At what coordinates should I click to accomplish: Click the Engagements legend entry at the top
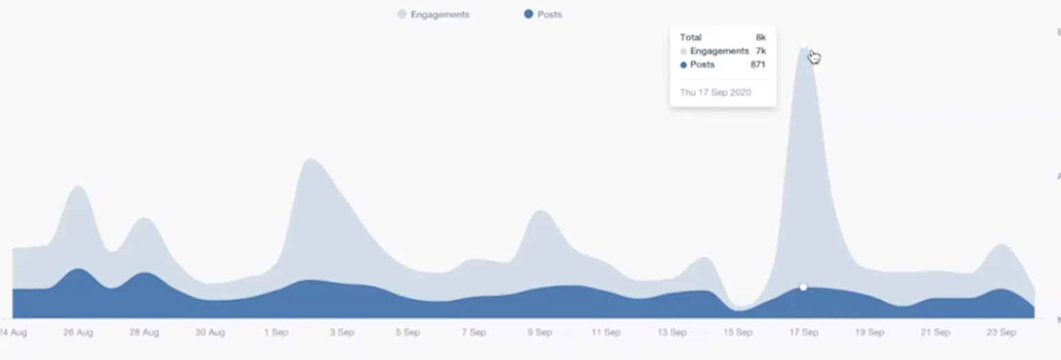(434, 15)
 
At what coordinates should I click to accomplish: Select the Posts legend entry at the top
(543, 15)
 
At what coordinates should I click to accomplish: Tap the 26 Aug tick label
(78, 332)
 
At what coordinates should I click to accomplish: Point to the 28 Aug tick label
(144, 332)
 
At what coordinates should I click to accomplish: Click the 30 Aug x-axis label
(210, 332)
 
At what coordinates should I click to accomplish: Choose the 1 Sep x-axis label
(276, 332)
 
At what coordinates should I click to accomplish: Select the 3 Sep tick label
(342, 332)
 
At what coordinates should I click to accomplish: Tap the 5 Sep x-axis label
(408, 332)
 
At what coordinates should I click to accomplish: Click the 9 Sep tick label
(539, 332)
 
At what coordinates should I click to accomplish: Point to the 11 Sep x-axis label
(606, 332)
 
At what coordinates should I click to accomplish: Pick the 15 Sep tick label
(738, 332)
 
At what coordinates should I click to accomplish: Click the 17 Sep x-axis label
(803, 332)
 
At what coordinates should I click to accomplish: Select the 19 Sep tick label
(870, 332)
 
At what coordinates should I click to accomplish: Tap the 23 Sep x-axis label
(1002, 332)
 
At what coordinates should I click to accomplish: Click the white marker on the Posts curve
(803, 287)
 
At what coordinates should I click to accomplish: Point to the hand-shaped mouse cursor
(814, 57)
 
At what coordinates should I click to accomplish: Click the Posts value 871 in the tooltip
(758, 65)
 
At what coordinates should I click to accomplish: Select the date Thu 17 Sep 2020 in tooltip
(715, 93)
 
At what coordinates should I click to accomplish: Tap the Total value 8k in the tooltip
(761, 37)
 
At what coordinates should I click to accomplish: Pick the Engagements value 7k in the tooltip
(761, 51)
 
